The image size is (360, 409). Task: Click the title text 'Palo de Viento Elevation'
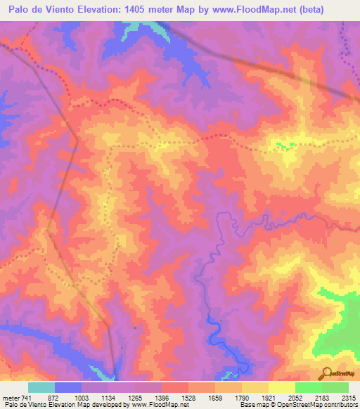(67, 10)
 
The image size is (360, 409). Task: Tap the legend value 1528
(188, 397)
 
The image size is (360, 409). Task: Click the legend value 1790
(241, 397)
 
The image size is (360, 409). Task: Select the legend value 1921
(268, 397)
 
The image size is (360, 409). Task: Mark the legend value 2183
(321, 397)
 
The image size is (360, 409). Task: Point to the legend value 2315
(347, 397)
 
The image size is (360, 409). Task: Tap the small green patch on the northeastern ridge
(284, 145)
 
